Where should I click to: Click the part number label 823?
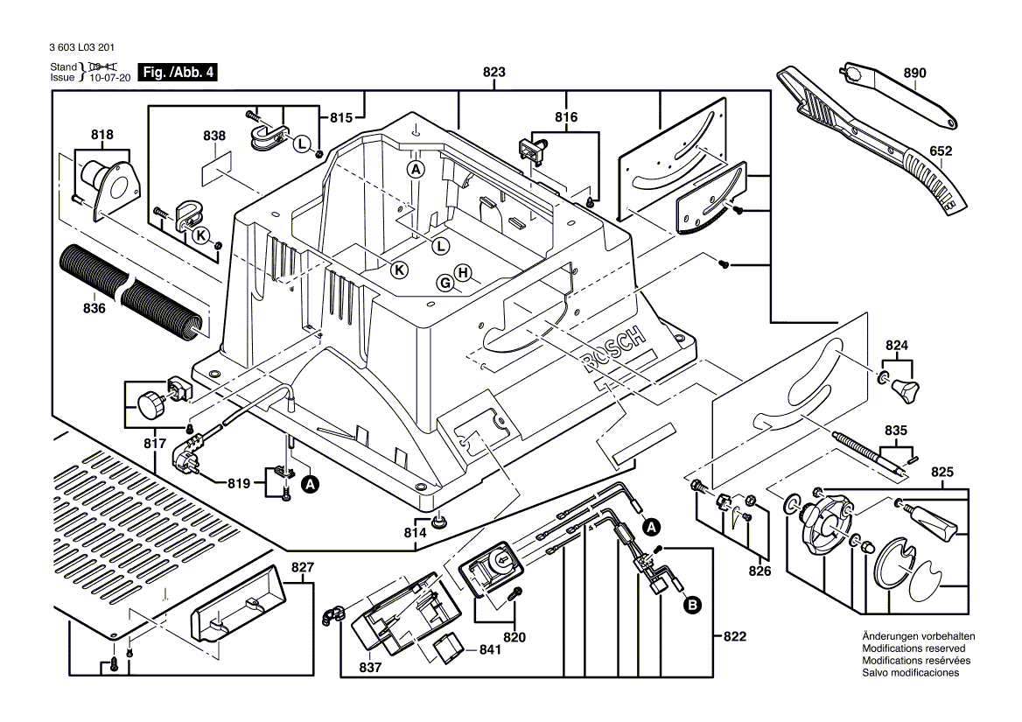pos(493,74)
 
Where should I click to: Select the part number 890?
pos(914,74)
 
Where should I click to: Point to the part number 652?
pos(941,151)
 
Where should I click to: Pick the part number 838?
pos(213,136)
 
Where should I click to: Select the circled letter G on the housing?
pos(445,283)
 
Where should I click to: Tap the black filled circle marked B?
pos(691,604)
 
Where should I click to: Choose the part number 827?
pos(301,567)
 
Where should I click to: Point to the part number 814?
pos(415,532)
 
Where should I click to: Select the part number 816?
pos(566,117)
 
